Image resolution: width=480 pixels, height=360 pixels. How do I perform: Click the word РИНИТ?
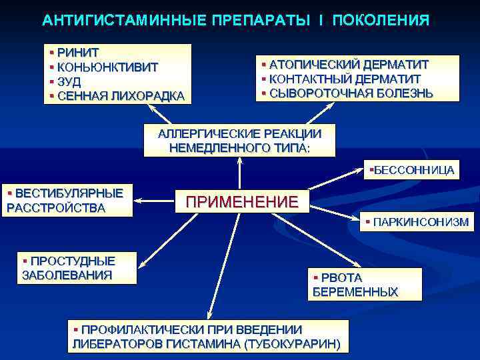coord(78,52)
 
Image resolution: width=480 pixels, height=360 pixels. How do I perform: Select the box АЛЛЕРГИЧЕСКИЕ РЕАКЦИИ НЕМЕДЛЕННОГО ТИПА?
coord(239,140)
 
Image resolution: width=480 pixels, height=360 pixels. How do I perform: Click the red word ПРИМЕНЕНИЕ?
coord(241,201)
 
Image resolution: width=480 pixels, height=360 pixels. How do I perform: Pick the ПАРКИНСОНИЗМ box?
coord(417,221)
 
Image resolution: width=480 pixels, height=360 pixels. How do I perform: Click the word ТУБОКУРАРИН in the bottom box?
coord(293,345)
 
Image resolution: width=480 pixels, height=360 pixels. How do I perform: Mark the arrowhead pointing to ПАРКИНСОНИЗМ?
coord(359,218)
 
